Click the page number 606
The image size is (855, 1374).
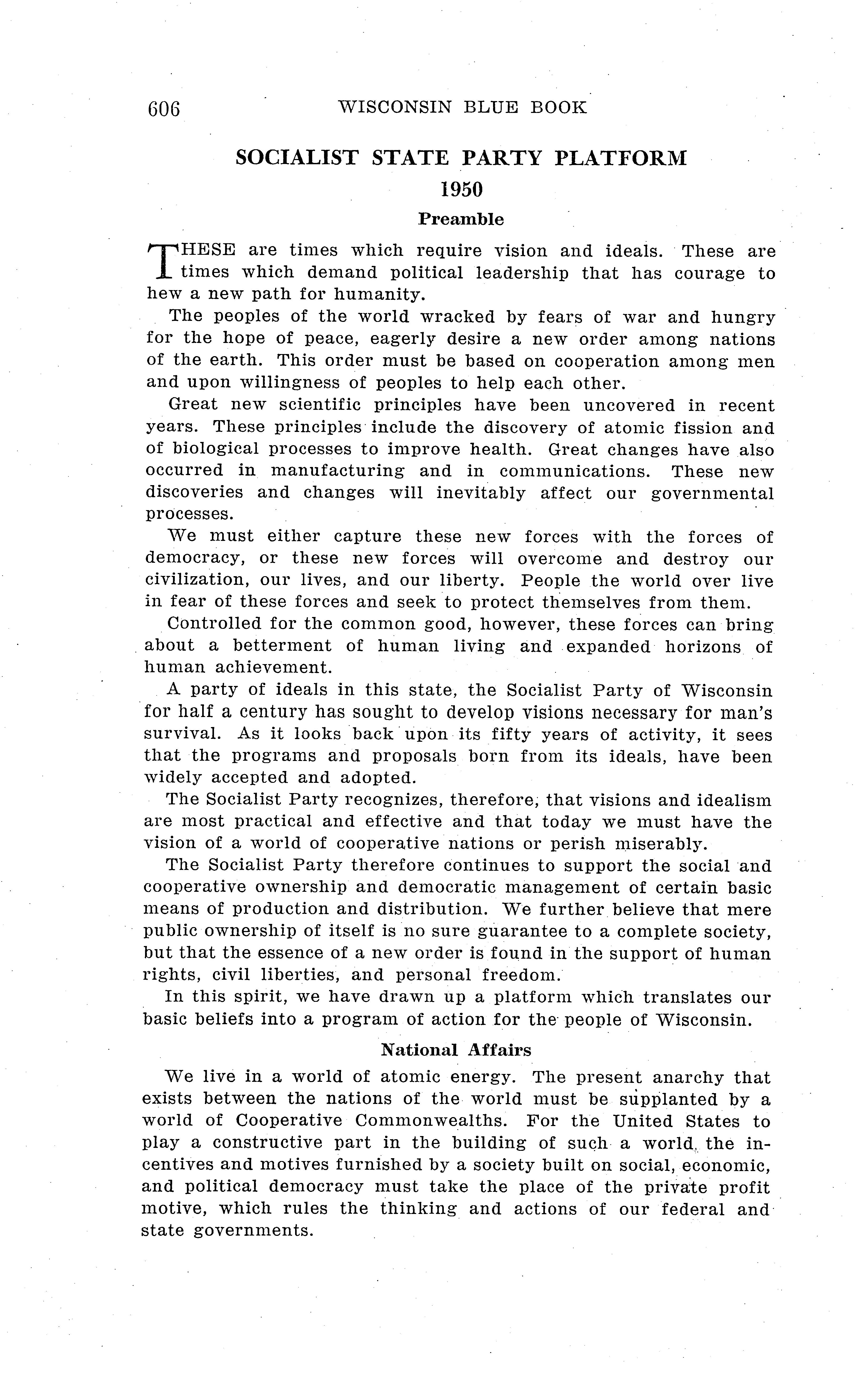[x=163, y=108]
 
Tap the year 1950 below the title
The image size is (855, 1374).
[x=461, y=190]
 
